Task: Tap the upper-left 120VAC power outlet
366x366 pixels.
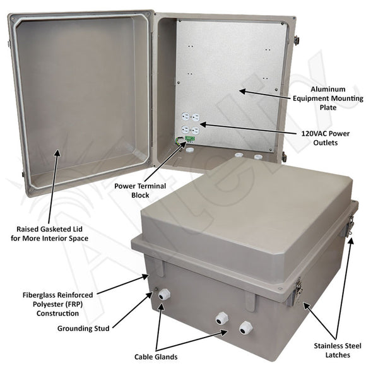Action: (186, 117)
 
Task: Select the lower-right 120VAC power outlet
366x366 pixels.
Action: (196, 130)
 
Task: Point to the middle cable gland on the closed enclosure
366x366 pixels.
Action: (222, 319)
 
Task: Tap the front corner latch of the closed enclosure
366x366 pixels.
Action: (295, 294)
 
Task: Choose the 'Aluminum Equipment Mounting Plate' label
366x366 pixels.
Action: (331, 98)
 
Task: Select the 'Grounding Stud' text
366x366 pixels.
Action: (84, 328)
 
